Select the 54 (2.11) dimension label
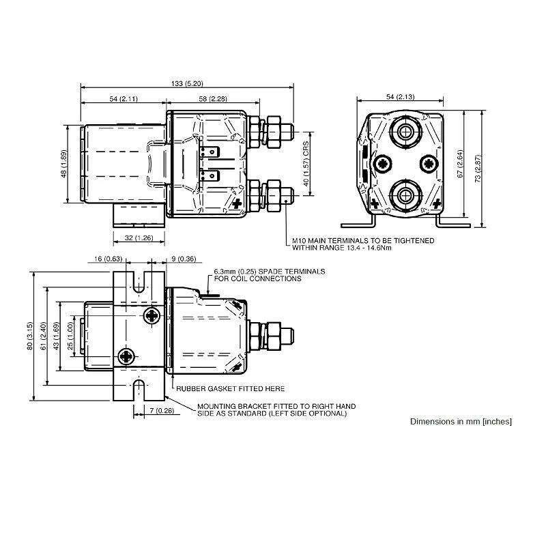[123, 100]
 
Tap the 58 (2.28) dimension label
[213, 100]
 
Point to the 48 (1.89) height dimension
[63, 164]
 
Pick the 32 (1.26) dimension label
[139, 238]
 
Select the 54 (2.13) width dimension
[400, 97]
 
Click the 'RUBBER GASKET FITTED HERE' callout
[230, 388]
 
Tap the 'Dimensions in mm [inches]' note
[461, 422]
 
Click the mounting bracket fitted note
[271, 409]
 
